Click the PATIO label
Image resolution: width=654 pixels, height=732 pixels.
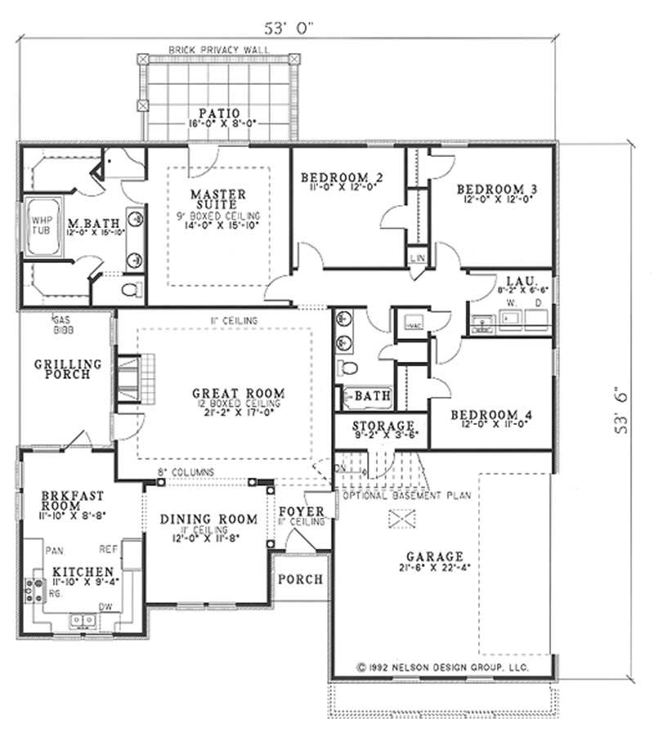(x=217, y=113)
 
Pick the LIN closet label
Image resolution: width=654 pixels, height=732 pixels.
(x=417, y=258)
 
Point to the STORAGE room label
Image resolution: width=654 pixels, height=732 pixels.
(x=383, y=426)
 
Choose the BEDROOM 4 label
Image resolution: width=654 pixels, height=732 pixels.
(x=491, y=415)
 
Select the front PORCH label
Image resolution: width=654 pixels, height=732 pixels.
(x=300, y=578)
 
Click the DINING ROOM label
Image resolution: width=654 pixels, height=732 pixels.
(x=208, y=519)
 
